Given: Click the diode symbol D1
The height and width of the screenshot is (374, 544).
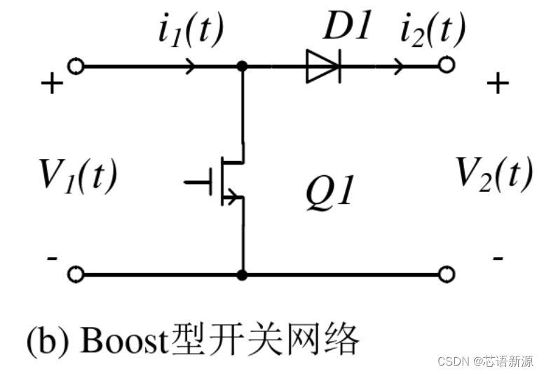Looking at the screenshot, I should click(323, 67).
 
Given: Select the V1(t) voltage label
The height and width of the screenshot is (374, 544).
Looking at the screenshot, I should click(78, 175).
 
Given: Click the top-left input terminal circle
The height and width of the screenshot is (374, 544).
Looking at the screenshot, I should click(76, 67).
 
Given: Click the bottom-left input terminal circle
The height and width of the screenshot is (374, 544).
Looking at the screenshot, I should click(76, 274).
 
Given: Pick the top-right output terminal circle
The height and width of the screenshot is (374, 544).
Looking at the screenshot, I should click(446, 66).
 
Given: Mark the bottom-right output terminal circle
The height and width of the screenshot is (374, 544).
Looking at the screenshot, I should click(446, 274).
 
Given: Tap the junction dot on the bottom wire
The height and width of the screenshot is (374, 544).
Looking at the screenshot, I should click(243, 274).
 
